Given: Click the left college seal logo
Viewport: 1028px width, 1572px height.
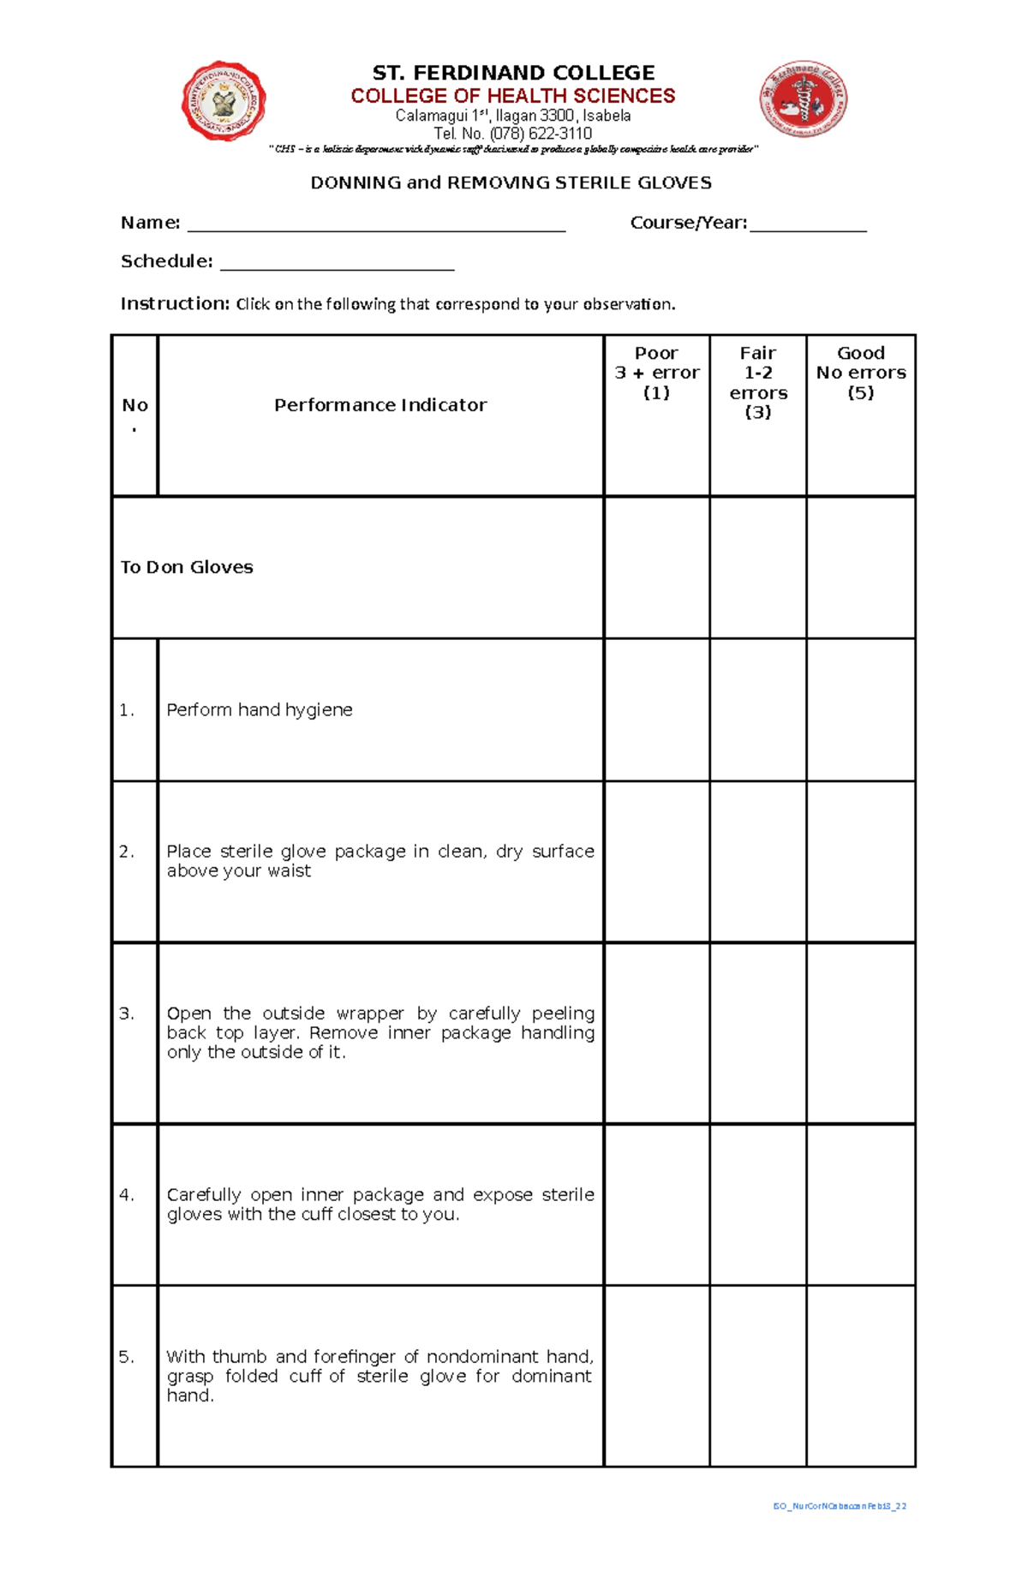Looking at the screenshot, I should [224, 101].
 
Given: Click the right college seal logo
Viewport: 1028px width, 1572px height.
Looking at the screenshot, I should [804, 99].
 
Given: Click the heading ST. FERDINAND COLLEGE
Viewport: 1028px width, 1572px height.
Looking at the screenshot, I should [513, 73].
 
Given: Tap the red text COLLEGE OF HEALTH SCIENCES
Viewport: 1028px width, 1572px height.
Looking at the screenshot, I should [512, 96].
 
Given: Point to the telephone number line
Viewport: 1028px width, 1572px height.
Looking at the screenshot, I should [512, 134].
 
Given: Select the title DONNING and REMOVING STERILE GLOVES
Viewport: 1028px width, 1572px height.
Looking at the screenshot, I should [511, 182].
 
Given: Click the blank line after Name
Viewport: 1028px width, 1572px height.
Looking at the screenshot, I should [376, 224].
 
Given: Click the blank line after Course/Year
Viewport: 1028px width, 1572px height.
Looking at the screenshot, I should [808, 224].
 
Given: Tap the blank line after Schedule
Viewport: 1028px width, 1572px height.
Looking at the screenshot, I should [337, 263].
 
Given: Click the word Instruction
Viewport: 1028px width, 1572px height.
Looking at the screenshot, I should [175, 303].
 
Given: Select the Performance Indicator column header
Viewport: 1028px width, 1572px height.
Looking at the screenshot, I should [380, 405].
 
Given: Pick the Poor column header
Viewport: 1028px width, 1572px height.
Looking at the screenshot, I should [656, 373].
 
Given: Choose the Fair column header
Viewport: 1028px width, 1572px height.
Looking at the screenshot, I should [758, 382].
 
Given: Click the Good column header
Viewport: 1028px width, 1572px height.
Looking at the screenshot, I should [861, 373].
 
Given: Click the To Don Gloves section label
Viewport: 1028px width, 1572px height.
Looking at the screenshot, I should [187, 567].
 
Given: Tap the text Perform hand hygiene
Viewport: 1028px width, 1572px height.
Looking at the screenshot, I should [260, 709].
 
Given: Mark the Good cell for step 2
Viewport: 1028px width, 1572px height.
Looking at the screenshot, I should [861, 861].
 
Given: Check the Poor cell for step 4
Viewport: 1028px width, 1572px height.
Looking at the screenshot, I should [656, 1204].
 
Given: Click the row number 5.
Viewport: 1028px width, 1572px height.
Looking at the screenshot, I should [127, 1357].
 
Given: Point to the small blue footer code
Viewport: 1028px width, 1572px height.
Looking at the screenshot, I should [840, 1505].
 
